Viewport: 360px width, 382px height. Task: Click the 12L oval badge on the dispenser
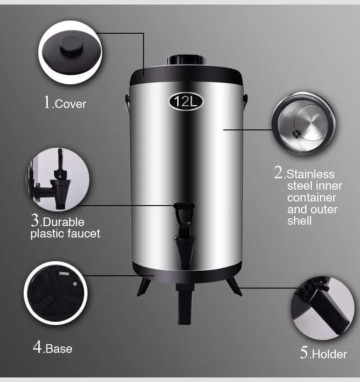coord(187,101)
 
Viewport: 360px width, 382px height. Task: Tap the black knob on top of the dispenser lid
coord(186,60)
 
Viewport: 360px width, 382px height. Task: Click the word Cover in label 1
coord(70,104)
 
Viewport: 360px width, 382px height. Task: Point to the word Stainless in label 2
coord(311,174)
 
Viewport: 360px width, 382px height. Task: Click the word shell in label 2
coord(299,221)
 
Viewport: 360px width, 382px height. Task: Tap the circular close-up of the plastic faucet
coord(58,179)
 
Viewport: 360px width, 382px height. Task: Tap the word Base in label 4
coord(59,349)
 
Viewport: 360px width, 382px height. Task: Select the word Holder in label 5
coord(329,354)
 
